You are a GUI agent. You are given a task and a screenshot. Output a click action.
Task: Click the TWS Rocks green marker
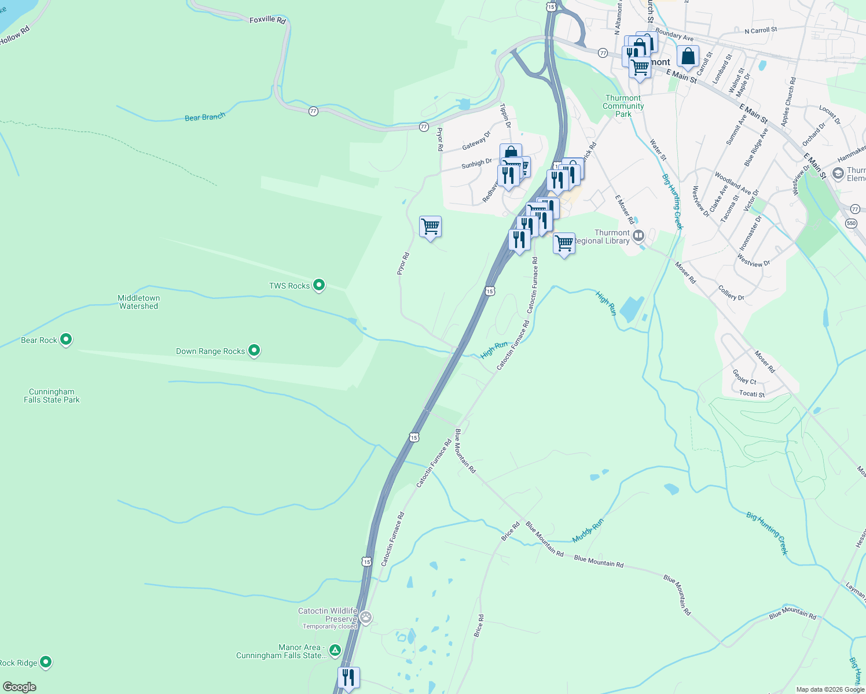pos(318,285)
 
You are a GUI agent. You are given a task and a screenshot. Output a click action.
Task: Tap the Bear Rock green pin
pos(66,339)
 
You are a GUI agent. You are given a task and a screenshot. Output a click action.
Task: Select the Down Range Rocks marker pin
pos(254,350)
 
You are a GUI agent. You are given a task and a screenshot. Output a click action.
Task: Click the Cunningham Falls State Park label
pos(52,396)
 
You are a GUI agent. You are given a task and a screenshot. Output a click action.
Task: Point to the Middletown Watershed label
pos(138,302)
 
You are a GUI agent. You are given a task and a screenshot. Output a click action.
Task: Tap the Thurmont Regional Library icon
pos(639,235)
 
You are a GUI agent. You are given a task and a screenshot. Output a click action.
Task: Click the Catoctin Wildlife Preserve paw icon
pos(366,617)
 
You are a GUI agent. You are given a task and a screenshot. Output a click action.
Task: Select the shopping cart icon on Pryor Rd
pos(430,227)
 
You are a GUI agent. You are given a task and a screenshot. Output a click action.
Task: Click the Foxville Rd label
pos(267,20)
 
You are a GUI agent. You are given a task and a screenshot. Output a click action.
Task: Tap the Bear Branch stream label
pos(205,117)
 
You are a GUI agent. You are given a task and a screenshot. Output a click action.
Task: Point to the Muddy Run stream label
pos(588,530)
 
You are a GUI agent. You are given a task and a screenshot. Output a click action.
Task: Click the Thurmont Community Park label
pos(623,106)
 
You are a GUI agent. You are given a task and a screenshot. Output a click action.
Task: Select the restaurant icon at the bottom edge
pos(348,677)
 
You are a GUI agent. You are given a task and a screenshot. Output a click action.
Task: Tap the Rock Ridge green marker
pos(46,662)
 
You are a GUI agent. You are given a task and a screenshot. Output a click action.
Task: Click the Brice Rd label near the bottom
pos(479,626)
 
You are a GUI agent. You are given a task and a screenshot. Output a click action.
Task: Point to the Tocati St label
pos(752,394)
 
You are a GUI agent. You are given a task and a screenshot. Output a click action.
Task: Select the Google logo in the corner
pos(19,686)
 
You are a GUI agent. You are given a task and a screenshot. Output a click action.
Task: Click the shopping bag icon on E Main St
pos(688,57)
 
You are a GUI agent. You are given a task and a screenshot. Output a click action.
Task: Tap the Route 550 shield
pos(850,223)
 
